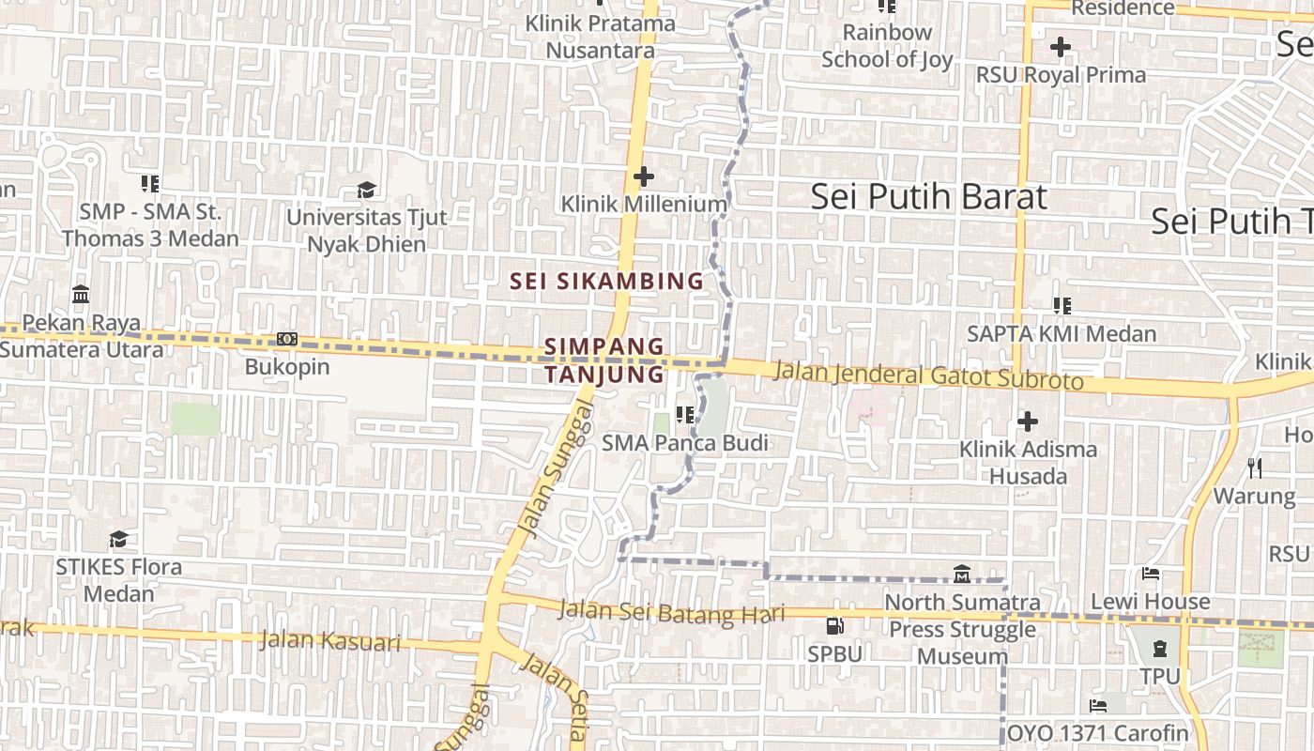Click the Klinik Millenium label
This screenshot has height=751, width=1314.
(644, 204)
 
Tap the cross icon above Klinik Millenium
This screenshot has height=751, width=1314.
(644, 176)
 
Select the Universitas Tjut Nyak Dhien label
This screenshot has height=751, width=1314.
(367, 230)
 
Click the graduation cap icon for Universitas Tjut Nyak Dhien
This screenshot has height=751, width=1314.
(366, 191)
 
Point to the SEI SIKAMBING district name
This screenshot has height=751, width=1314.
(606, 281)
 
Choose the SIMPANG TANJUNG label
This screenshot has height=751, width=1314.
(604, 360)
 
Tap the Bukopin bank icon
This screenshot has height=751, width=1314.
(287, 339)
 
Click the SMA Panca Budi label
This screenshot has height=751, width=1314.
(685, 443)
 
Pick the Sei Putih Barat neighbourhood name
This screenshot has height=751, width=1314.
(928, 197)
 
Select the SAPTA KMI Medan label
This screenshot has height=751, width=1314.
(1062, 334)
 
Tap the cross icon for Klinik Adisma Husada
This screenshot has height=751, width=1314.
(1028, 421)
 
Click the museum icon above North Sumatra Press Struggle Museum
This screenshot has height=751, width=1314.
(962, 574)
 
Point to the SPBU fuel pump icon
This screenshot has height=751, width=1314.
(834, 625)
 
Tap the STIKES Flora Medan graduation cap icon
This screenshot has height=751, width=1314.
(118, 539)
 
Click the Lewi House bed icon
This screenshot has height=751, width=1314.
(1151, 574)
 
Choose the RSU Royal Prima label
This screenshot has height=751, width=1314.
(1062, 75)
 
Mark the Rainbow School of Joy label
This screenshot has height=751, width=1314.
(887, 46)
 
